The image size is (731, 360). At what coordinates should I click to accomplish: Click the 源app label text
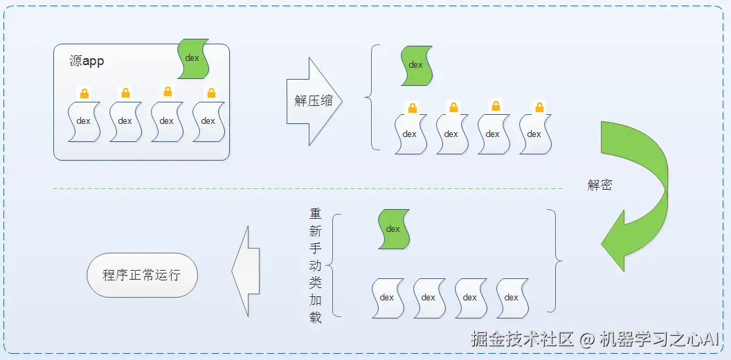tap(87, 61)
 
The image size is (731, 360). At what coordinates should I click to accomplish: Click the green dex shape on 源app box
tap(193, 58)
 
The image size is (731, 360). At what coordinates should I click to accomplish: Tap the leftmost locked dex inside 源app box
tap(84, 121)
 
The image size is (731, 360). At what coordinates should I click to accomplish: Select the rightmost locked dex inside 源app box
tap(208, 121)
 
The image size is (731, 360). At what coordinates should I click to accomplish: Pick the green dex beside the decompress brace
tap(416, 66)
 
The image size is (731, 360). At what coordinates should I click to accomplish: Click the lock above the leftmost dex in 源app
tap(84, 93)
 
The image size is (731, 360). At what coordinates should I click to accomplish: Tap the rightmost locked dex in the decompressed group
tap(534, 134)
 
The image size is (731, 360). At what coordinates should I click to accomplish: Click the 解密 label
tap(599, 185)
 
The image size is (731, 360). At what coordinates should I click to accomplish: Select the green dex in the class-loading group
tap(393, 229)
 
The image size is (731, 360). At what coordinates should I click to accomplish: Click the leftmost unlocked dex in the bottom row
tap(387, 298)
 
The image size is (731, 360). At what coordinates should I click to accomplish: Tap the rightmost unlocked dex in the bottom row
tap(512, 298)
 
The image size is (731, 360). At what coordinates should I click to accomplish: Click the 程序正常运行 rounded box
tap(142, 275)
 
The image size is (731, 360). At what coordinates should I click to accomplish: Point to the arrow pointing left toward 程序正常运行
tap(245, 270)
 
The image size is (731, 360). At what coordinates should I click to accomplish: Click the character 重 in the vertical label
tap(316, 214)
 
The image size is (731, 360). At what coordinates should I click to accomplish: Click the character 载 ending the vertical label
tap(316, 318)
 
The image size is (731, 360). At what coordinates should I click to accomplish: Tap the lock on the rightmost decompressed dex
tap(539, 107)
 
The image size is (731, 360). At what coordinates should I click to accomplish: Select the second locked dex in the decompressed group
tap(451, 134)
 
